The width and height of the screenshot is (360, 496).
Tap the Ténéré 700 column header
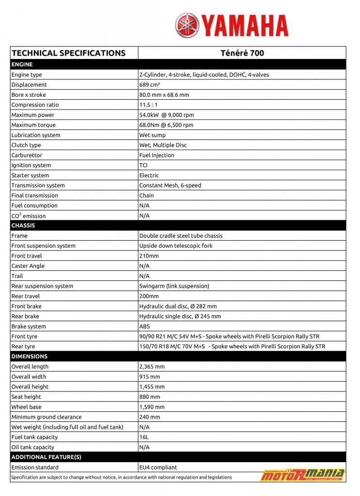pos(242,53)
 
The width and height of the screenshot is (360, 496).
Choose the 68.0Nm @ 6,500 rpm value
pos(166,125)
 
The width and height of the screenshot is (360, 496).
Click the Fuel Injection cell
pos(157,155)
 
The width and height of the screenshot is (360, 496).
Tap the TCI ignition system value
pos(144,165)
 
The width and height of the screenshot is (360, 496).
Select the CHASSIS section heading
pos(23,226)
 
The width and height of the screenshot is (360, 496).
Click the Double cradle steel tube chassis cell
pos(181,236)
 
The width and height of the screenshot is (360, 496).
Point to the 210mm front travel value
pos(149,256)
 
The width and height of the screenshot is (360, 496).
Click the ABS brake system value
pos(144,326)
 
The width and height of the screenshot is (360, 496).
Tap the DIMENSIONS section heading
pos(30,356)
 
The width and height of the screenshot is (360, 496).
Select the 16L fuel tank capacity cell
pos(144,437)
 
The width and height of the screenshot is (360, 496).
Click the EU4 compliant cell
pos(158,467)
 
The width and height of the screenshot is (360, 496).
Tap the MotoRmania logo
pos(303,474)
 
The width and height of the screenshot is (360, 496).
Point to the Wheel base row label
pos(26,407)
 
